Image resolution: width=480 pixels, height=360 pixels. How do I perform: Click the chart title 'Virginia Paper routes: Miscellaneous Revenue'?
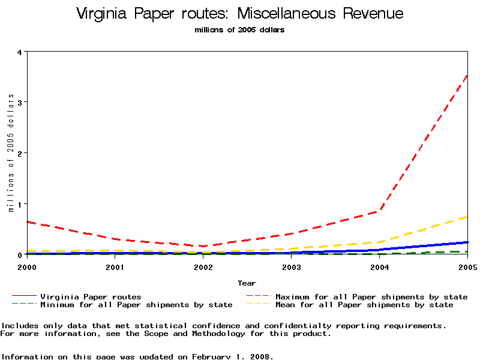(x=240, y=14)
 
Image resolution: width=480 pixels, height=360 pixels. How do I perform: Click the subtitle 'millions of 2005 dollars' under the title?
(x=240, y=30)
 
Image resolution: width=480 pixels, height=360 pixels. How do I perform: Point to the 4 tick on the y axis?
(x=20, y=52)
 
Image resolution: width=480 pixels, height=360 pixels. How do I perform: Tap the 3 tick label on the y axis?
(x=20, y=102)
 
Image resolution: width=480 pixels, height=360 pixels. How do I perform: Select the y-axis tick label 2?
(x=20, y=153)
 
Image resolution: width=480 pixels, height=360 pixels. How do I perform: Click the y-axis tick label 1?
(x=20, y=204)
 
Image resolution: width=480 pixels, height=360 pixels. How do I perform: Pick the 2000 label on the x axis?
(x=27, y=266)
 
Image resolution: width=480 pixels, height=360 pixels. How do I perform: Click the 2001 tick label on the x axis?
(x=115, y=266)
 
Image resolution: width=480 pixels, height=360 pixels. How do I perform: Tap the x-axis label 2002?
(x=203, y=266)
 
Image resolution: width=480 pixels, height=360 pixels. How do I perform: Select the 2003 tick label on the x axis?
(x=292, y=266)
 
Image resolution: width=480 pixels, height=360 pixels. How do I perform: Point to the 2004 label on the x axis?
(x=380, y=266)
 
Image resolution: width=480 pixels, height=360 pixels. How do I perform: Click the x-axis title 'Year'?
(x=247, y=283)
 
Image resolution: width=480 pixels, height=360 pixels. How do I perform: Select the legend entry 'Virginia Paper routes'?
(x=91, y=296)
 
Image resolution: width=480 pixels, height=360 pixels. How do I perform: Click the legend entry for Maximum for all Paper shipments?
(x=371, y=296)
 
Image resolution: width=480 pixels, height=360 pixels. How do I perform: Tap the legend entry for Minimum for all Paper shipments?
(x=136, y=305)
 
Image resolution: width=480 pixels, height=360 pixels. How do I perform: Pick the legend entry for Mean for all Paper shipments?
(x=364, y=305)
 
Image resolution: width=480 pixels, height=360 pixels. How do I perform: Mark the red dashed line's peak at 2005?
(x=467, y=76)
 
